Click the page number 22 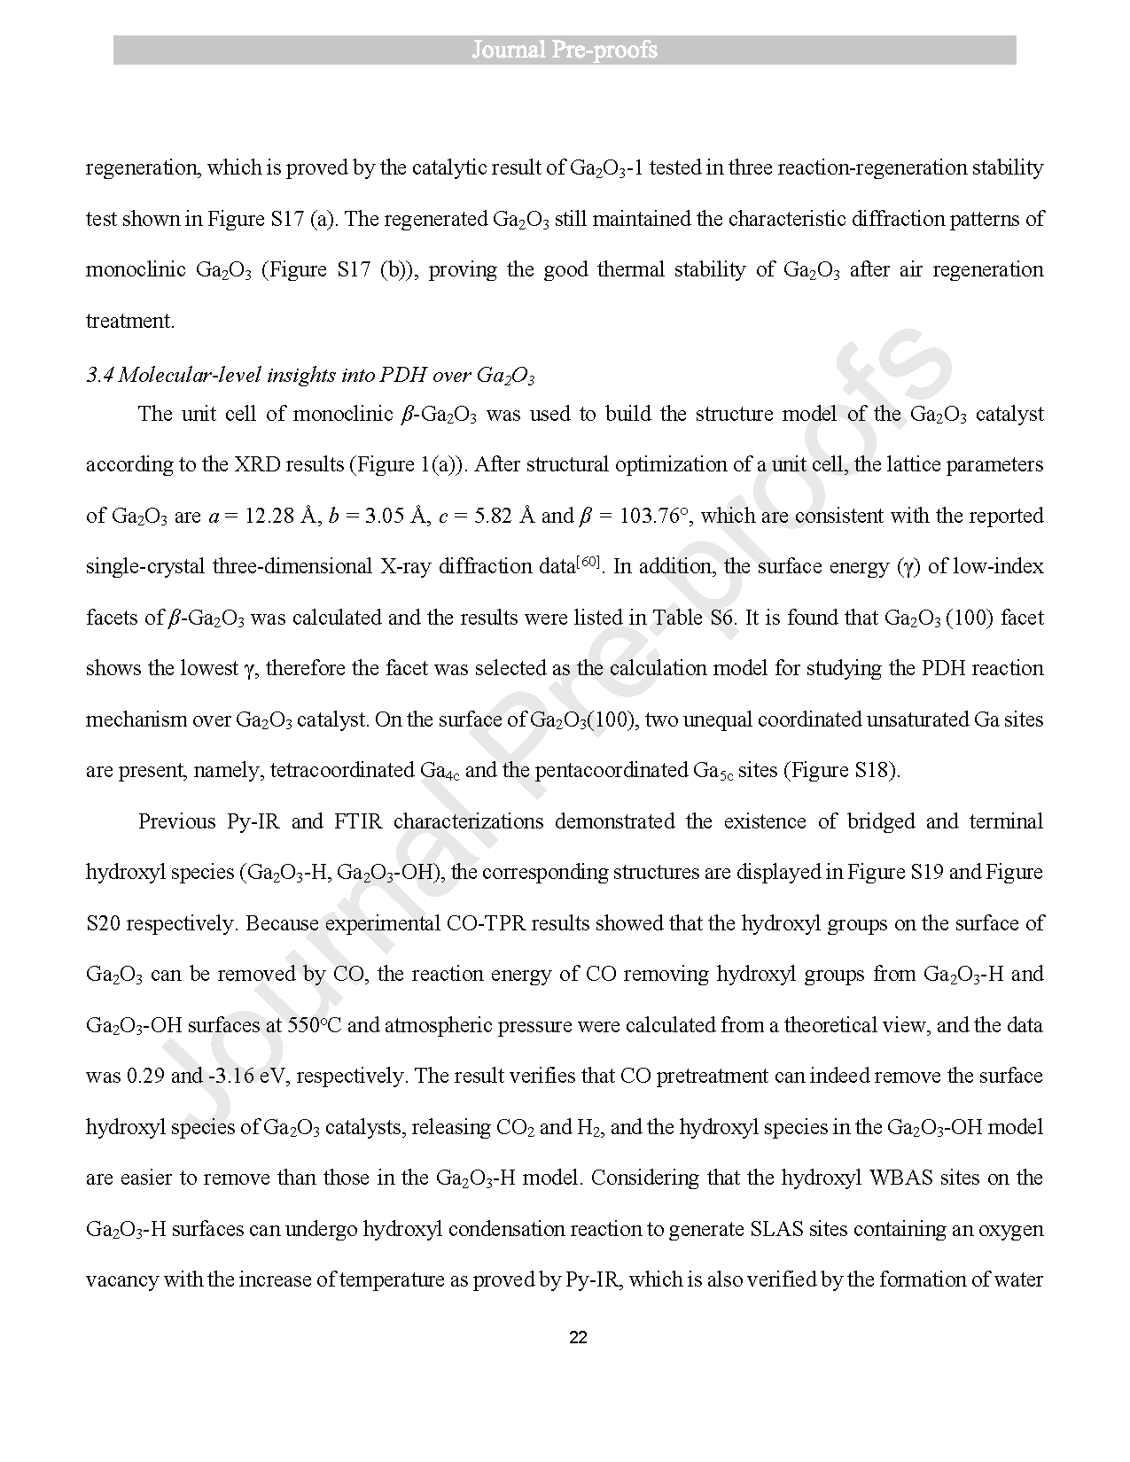(x=577, y=1337)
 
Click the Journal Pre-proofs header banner (x=565, y=50)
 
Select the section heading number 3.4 (x=99, y=376)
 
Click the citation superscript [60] (x=588, y=562)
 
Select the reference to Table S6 (x=694, y=618)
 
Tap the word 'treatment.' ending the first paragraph (x=130, y=321)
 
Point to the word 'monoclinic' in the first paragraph (x=136, y=269)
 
